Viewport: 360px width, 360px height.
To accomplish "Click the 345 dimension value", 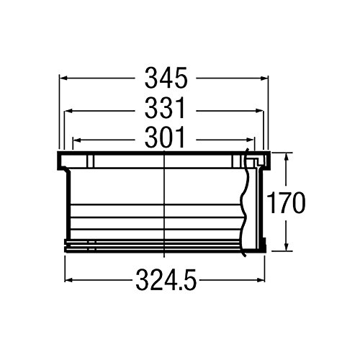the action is pos(166,78).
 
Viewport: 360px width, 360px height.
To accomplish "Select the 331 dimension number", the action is pos(166,108).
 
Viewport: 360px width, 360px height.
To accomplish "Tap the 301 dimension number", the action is pos(165,138).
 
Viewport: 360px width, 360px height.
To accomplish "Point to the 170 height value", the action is pos(286,202).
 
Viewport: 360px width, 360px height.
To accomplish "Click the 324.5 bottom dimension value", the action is pos(166,280).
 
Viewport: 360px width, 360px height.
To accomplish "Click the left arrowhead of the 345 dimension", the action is pos(63,78).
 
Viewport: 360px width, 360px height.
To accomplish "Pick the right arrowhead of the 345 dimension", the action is pos(264,78).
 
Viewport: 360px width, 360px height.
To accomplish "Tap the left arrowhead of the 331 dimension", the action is pos(69,111).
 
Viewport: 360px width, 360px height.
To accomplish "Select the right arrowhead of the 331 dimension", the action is pos(258,111).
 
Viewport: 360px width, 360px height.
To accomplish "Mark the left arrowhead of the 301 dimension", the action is pos(77,140).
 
